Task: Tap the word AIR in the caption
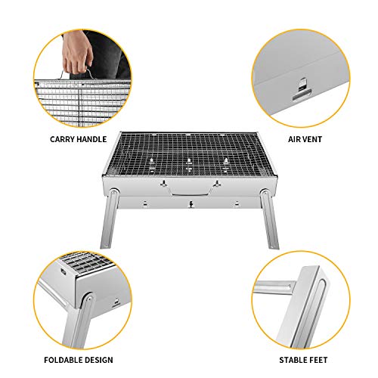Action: pos(297,139)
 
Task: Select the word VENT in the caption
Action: pos(317,139)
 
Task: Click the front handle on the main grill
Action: pos(189,195)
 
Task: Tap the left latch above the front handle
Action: pos(162,184)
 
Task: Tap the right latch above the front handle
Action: pos(217,184)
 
